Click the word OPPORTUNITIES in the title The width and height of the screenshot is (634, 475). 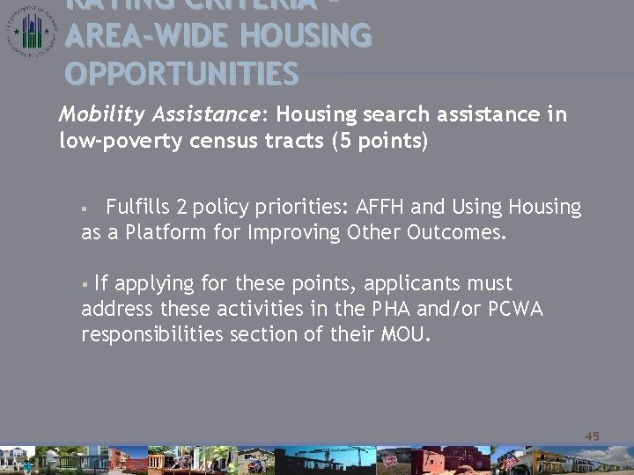[x=182, y=74]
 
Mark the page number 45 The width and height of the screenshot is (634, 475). [x=592, y=436]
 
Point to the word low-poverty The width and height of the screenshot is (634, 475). [x=116, y=140]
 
